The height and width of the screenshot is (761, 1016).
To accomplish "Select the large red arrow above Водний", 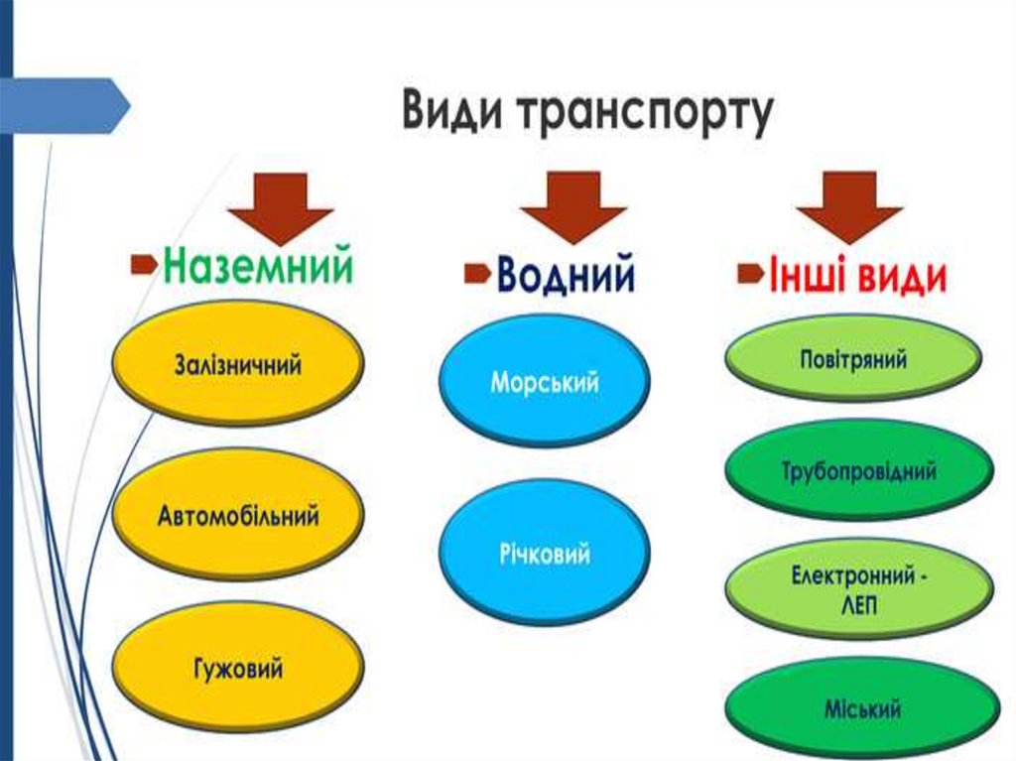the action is (573, 203).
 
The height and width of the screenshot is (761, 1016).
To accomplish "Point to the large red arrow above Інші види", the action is (849, 203).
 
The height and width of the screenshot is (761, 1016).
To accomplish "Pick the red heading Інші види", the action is (856, 277).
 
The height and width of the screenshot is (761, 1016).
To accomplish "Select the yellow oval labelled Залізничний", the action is (237, 363).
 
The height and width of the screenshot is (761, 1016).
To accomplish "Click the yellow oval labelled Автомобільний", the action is (237, 515).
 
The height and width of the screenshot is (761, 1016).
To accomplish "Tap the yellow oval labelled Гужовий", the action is (237, 668).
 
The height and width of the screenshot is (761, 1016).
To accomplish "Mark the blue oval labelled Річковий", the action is (544, 552).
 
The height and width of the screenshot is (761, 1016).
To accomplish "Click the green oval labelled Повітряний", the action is (852, 357).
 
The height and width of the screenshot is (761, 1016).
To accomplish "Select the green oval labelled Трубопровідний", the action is (858, 471).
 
